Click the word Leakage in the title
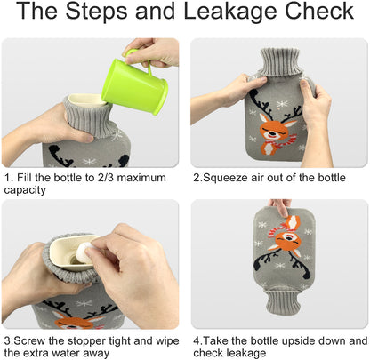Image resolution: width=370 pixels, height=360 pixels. click(x=231, y=12)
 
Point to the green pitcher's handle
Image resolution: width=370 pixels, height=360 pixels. click(x=139, y=60)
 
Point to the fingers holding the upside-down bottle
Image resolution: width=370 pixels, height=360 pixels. click(x=280, y=205)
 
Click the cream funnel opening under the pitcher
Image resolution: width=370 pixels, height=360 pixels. click(x=87, y=100)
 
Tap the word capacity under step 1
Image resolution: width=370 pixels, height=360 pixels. click(x=25, y=190)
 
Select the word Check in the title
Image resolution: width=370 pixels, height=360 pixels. click(x=319, y=12)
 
